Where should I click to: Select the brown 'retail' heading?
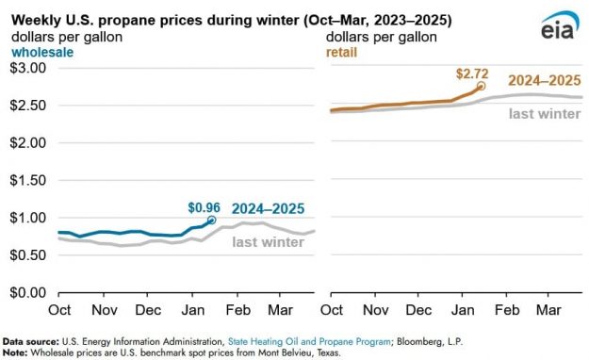click(342, 53)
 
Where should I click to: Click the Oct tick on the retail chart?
click(331, 309)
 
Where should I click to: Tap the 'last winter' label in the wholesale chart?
click(269, 242)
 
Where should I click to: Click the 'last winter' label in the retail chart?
click(545, 112)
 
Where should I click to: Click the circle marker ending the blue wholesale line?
click(212, 220)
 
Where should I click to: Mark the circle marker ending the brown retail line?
click(482, 86)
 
